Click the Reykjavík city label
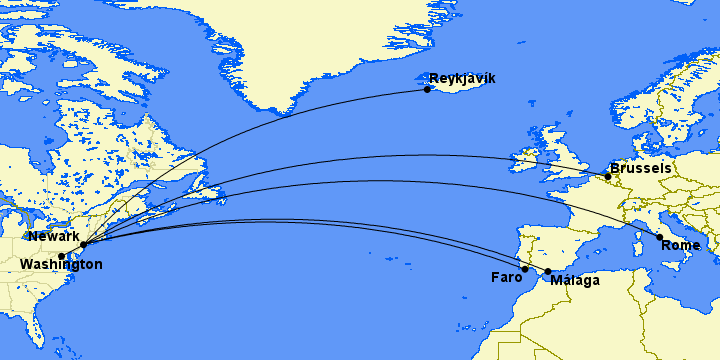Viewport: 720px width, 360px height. (461, 78)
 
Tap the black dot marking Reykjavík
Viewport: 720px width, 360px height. (427, 89)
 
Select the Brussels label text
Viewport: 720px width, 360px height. (640, 168)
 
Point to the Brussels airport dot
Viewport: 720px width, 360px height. (607, 177)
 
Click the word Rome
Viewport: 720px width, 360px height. (681, 245)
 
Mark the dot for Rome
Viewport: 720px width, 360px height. (659, 237)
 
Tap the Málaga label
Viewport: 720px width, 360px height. (575, 280)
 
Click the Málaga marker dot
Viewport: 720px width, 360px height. (548, 272)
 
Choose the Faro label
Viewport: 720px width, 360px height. (506, 277)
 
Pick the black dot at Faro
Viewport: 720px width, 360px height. (525, 269)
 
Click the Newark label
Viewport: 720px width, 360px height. (54, 237)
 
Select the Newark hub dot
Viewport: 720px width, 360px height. (83, 244)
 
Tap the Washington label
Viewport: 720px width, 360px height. (60, 265)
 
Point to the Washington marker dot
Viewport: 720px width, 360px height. (62, 256)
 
